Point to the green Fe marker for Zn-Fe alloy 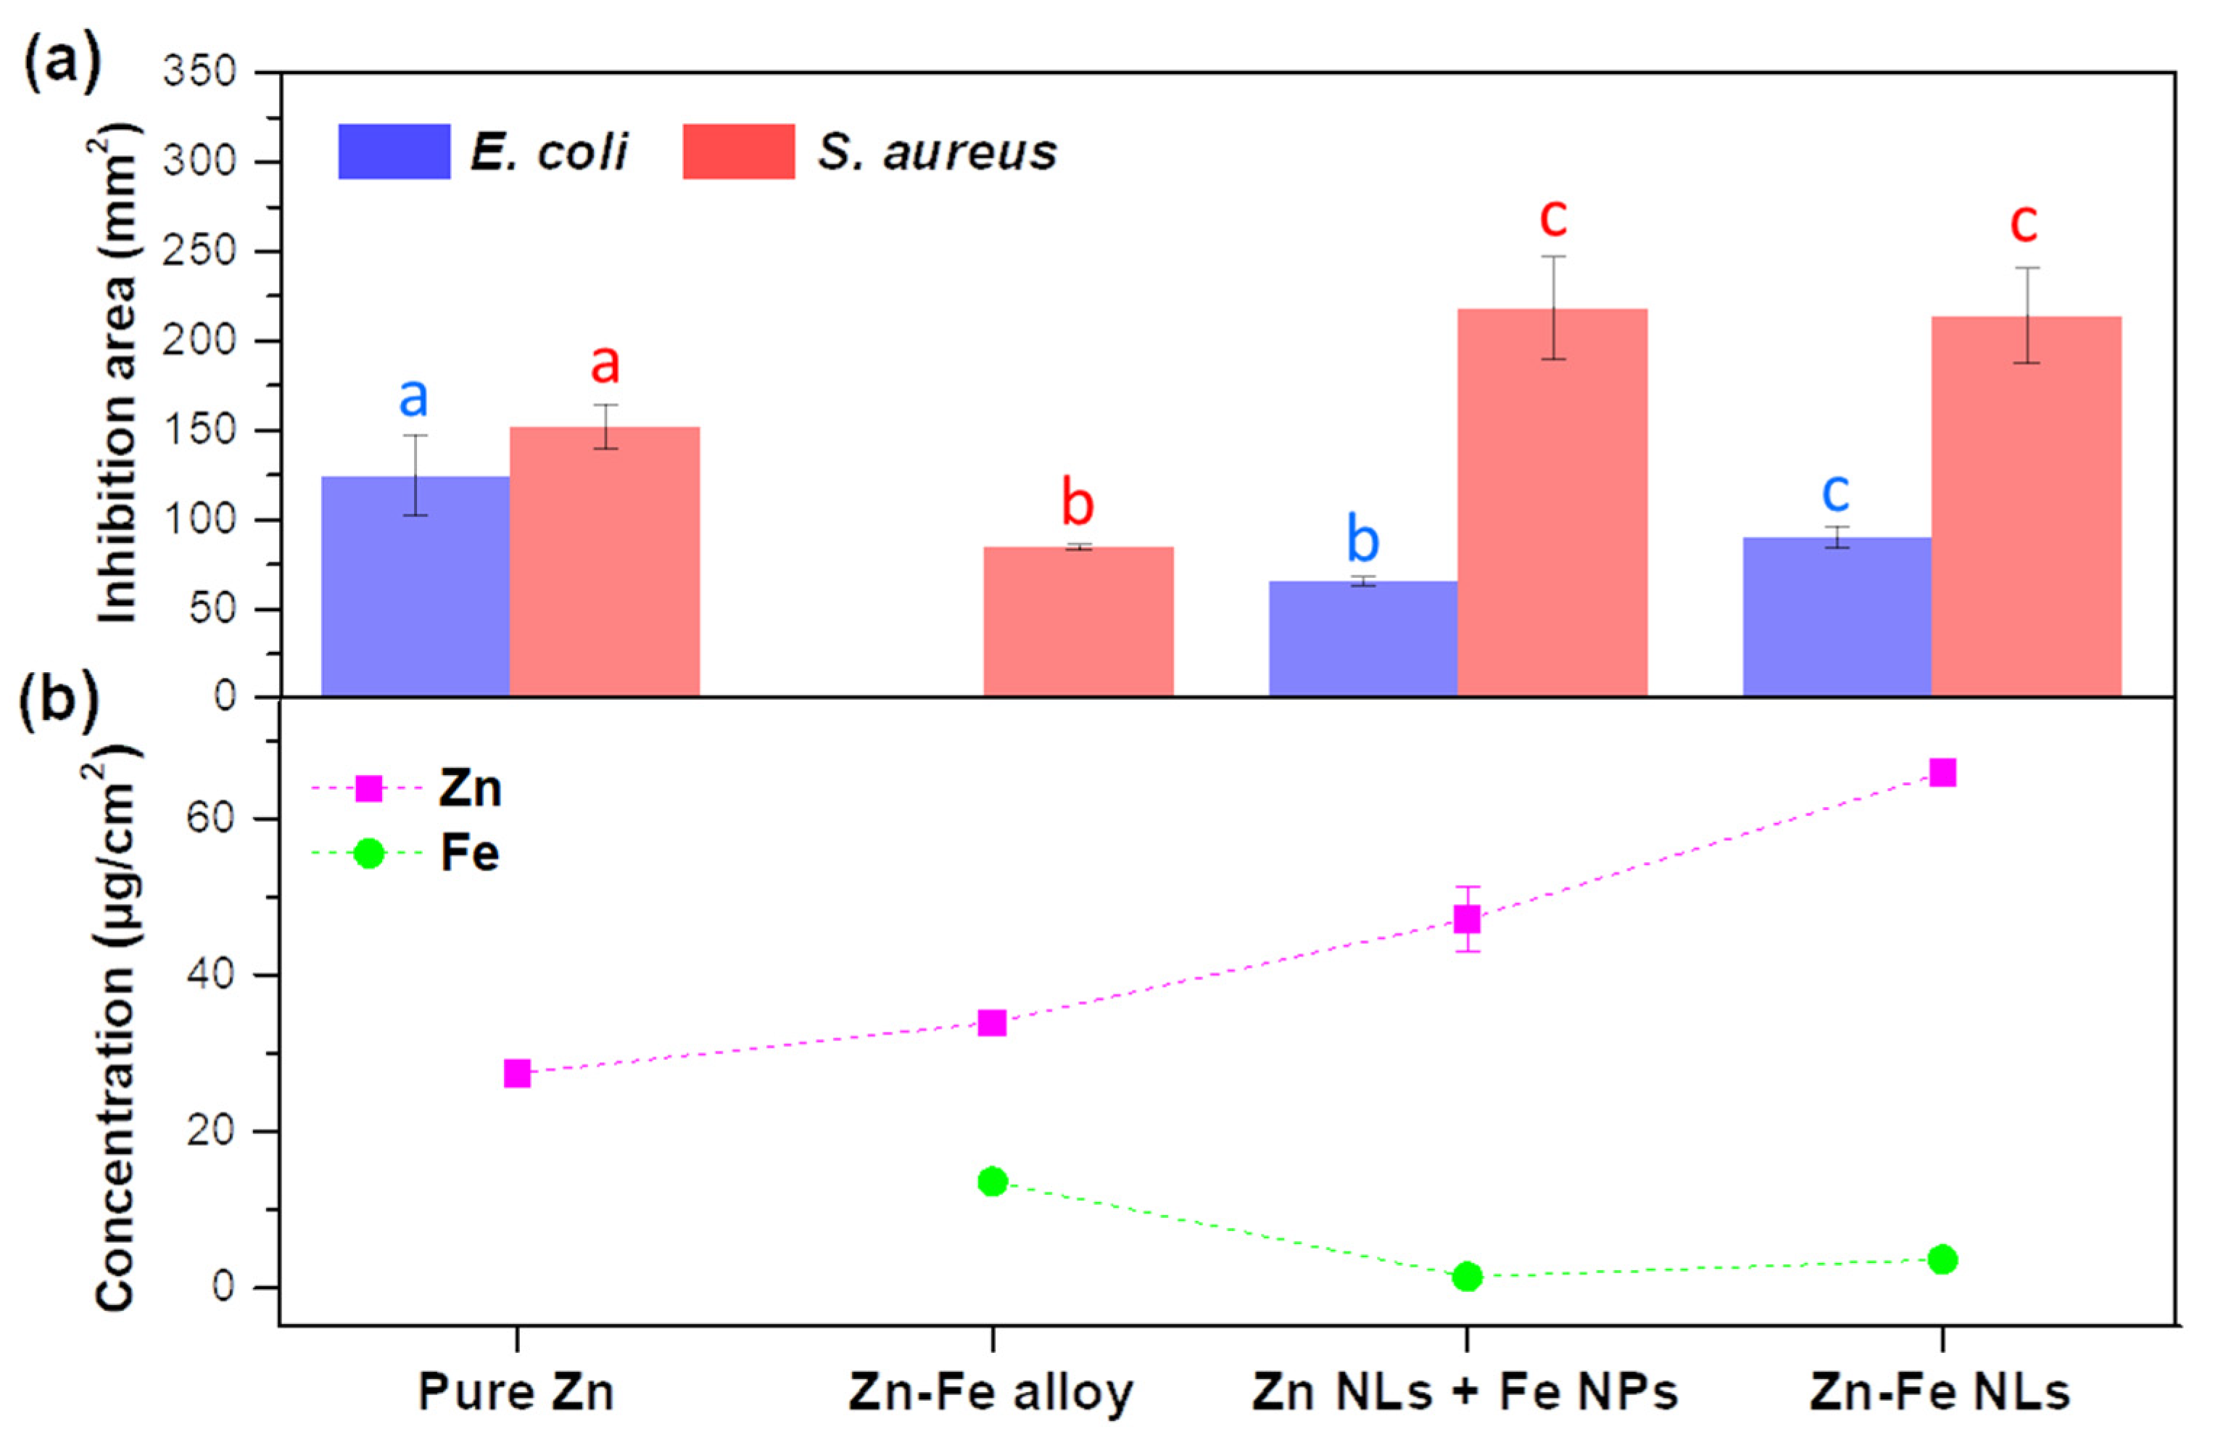pyautogui.click(x=993, y=1181)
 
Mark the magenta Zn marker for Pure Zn pyautogui.click(x=517, y=1073)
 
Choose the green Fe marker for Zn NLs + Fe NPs pyautogui.click(x=1467, y=1276)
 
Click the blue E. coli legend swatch pyautogui.click(x=394, y=151)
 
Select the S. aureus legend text pyautogui.click(x=938, y=152)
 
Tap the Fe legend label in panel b pyautogui.click(x=470, y=853)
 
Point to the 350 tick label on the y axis pyautogui.click(x=199, y=72)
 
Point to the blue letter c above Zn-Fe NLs pyautogui.click(x=1835, y=491)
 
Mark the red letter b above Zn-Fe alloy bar pyautogui.click(x=1077, y=504)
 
